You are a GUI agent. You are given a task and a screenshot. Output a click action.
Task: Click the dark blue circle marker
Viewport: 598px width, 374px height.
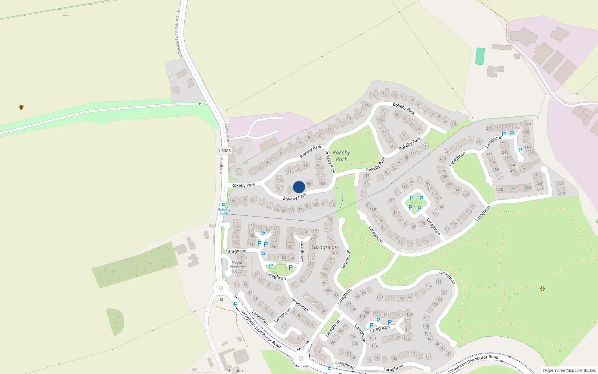tap(299, 187)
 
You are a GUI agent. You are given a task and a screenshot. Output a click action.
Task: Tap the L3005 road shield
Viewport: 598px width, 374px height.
tap(225, 151)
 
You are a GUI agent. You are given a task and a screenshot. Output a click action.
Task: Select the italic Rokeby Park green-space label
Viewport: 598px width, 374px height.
tap(341, 156)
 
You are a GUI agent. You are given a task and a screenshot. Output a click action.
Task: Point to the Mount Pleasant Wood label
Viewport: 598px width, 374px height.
tap(237, 267)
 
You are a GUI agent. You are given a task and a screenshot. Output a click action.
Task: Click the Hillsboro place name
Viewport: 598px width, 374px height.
tap(235, 371)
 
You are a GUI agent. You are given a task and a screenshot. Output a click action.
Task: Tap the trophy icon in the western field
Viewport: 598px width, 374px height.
tap(21, 107)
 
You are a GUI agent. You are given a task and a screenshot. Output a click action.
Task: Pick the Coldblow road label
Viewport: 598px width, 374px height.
tap(221, 166)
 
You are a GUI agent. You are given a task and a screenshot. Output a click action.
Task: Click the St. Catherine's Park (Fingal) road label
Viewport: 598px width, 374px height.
tap(179, 34)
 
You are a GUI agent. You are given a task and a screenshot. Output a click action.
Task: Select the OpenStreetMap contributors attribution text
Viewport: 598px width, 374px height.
tap(569, 371)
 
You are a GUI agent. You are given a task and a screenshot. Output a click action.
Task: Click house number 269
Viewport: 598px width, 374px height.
tap(562, 193)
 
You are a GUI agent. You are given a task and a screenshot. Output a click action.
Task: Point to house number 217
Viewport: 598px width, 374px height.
tap(489, 128)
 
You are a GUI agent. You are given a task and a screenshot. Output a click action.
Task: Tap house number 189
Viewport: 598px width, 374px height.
tap(420, 180)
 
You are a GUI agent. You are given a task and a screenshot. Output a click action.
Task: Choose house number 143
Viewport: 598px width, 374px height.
tap(428, 356)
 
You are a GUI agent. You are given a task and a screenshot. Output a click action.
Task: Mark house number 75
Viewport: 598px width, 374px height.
tap(237, 223)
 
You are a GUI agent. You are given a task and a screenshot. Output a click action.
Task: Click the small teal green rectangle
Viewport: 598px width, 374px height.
tap(480, 56)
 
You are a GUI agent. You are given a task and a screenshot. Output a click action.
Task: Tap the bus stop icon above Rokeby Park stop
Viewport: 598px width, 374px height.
tap(224, 205)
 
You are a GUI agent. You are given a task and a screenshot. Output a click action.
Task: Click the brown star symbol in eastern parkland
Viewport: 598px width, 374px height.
tap(542, 288)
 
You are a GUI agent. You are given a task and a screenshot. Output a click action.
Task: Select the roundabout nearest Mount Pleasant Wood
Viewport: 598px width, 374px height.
tap(221, 288)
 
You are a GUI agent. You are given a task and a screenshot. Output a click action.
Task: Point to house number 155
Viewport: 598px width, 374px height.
tap(439, 281)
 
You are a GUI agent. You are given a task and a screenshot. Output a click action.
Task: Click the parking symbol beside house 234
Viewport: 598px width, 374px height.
tap(520, 150)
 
